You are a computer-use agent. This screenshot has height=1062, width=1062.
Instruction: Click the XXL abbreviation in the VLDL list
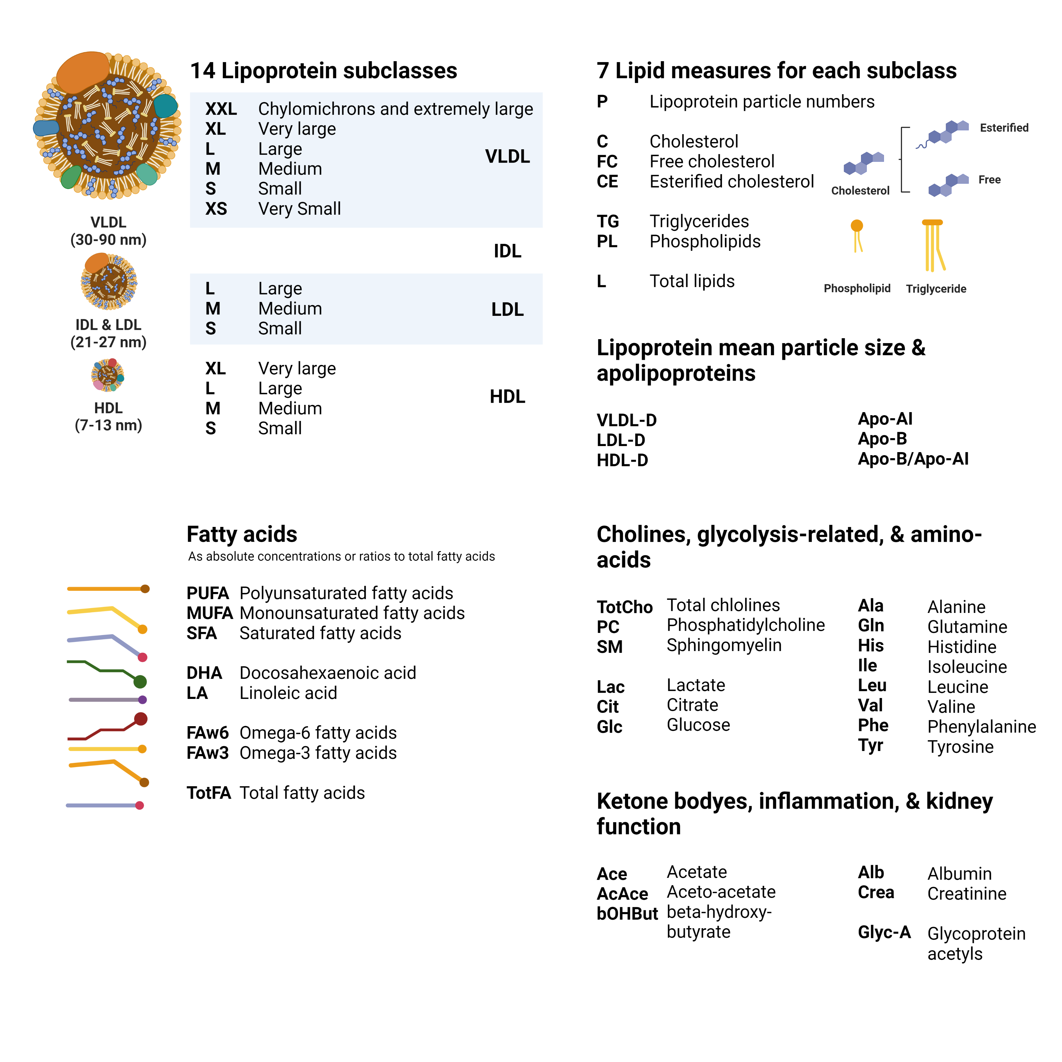(221, 109)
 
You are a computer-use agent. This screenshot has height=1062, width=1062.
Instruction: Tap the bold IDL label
(507, 251)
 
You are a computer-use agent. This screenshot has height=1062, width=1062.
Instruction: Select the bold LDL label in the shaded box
(507, 309)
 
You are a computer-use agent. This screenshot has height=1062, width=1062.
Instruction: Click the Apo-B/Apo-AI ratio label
(913, 459)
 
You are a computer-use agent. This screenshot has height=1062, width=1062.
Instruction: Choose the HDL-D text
(622, 460)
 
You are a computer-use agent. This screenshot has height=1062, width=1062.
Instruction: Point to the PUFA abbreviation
(207, 593)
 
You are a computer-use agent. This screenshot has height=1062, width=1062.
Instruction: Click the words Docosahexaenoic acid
(328, 673)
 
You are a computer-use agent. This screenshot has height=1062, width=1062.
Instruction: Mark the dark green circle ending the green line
(140, 682)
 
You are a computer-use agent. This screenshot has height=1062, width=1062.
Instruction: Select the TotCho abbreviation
(624, 607)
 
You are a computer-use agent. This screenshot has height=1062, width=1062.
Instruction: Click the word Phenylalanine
(981, 727)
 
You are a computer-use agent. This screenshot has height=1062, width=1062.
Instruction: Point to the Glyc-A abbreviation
(884, 932)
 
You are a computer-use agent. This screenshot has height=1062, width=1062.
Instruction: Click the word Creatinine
(966, 894)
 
